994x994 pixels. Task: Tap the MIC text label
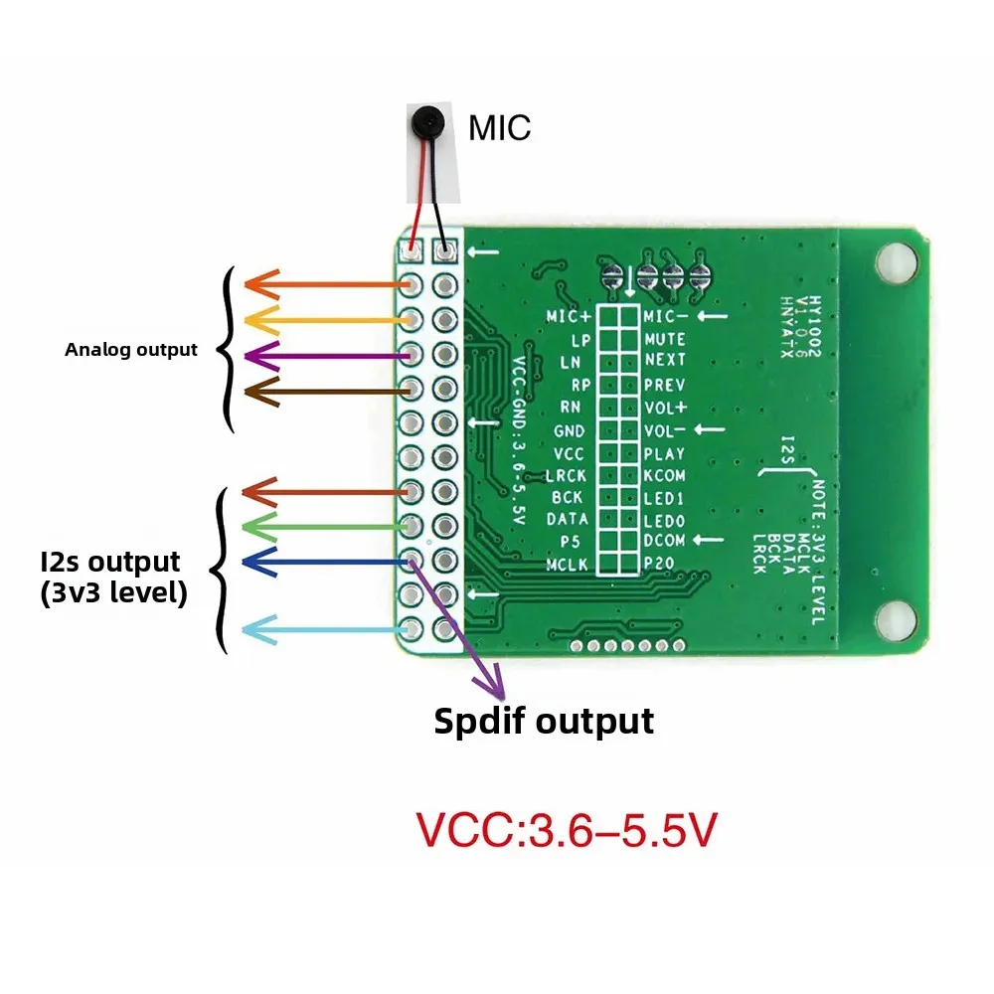[x=500, y=128]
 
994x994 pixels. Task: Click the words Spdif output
[x=544, y=721]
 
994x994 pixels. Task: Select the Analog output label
[x=131, y=350]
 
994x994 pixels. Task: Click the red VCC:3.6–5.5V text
[x=566, y=830]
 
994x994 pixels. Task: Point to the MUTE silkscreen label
[x=665, y=339]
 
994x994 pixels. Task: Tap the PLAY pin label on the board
[x=665, y=453]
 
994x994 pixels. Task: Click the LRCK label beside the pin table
[x=567, y=475]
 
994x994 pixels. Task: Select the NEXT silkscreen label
[x=665, y=360]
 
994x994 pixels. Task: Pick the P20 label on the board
[x=659, y=563]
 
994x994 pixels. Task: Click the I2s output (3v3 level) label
[x=110, y=578]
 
